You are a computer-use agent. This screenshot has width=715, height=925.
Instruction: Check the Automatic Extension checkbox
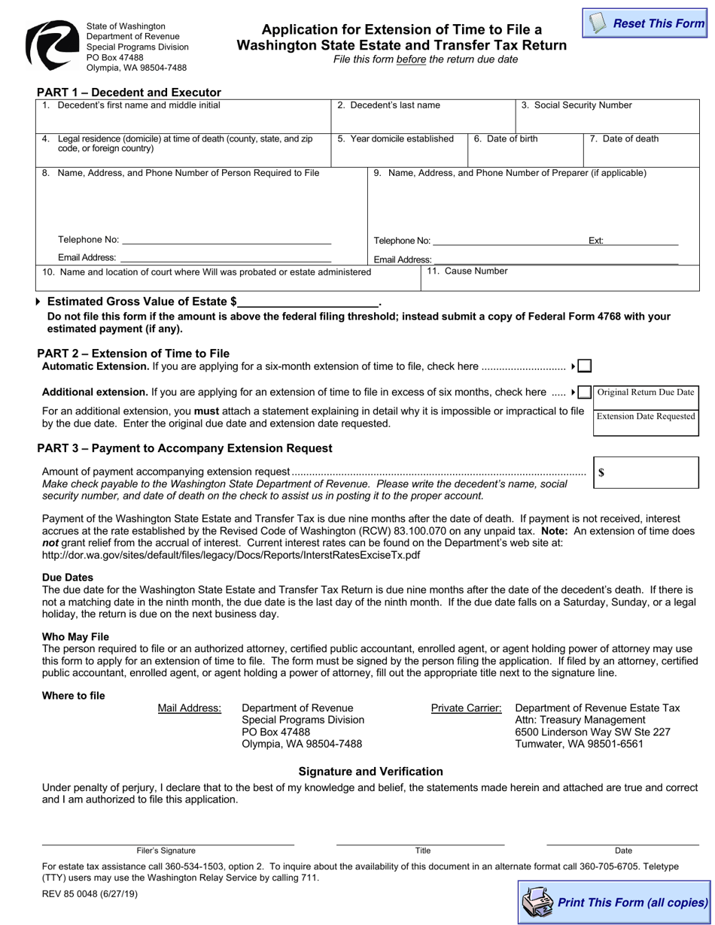coord(585,366)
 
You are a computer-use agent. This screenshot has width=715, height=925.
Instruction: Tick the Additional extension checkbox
coord(584,393)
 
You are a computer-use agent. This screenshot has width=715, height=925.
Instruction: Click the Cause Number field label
coord(467,271)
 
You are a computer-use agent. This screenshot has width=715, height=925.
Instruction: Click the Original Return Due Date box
coord(646,393)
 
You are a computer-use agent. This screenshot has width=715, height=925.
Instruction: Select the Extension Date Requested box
coord(646,417)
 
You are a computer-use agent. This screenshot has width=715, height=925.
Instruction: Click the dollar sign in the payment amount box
coord(601,473)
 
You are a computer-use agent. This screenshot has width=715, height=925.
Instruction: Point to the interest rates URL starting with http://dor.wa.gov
coord(231,555)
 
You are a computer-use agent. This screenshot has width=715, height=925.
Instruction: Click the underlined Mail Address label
coord(190,708)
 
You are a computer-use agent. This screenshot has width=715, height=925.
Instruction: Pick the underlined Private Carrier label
coord(466,708)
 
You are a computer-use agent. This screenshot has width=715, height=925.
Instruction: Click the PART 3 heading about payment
coord(184,448)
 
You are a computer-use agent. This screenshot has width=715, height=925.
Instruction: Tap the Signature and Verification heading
coord(370,771)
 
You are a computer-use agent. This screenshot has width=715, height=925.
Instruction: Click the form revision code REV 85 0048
coord(90,894)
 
